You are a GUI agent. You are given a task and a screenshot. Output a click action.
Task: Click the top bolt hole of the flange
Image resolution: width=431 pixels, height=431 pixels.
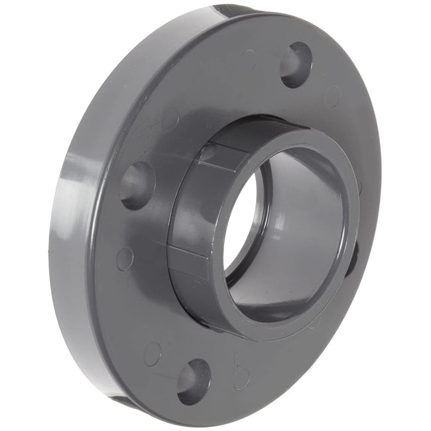tap(296, 65)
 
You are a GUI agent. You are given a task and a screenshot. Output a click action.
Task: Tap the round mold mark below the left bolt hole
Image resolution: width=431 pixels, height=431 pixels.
tap(124, 259)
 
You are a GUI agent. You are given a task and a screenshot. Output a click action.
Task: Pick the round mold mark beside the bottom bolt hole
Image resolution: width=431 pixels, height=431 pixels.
tap(153, 353)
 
